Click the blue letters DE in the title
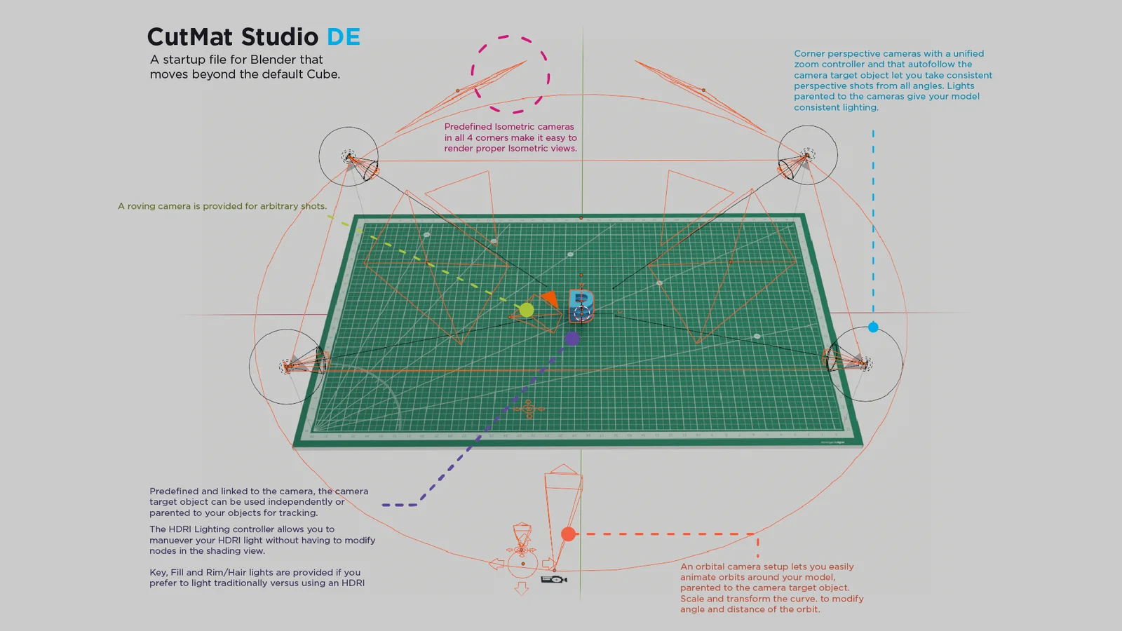point(344,36)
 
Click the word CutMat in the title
point(190,36)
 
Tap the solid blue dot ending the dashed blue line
point(873,327)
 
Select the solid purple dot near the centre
point(572,339)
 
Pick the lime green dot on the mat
point(527,309)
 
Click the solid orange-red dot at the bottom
point(569,534)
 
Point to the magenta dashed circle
point(511,74)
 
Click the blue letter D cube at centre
point(581,304)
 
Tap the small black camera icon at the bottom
point(554,579)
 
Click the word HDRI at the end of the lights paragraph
point(353,583)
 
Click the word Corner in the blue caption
point(809,53)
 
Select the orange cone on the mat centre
point(550,299)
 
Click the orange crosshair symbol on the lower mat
point(529,409)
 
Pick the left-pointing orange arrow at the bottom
point(496,564)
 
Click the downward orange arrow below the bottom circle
point(521,588)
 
